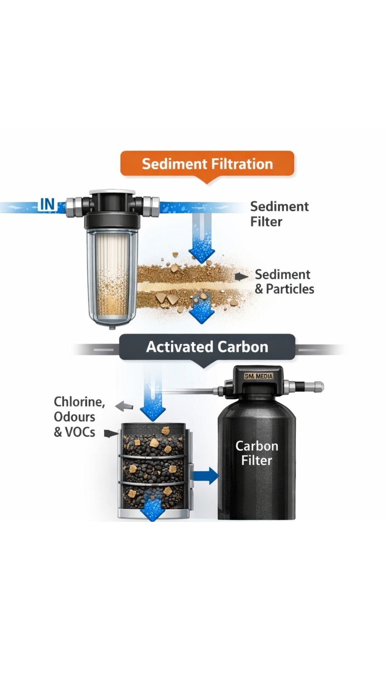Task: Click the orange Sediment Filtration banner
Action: pyautogui.click(x=207, y=164)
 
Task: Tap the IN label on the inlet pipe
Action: pyautogui.click(x=47, y=205)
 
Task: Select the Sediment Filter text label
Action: pyautogui.click(x=279, y=214)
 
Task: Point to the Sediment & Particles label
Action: pyautogui.click(x=285, y=282)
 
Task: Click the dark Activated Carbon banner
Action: pyautogui.click(x=207, y=347)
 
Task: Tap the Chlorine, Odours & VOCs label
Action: pyautogui.click(x=79, y=417)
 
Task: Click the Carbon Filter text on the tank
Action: pyautogui.click(x=257, y=453)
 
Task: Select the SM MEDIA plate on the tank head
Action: pyautogui.click(x=259, y=376)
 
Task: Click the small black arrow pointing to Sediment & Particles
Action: pyautogui.click(x=242, y=277)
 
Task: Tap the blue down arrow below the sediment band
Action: pyautogui.click(x=202, y=310)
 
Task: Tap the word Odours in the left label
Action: pyautogui.click(x=75, y=417)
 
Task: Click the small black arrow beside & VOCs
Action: pyautogui.click(x=111, y=434)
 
